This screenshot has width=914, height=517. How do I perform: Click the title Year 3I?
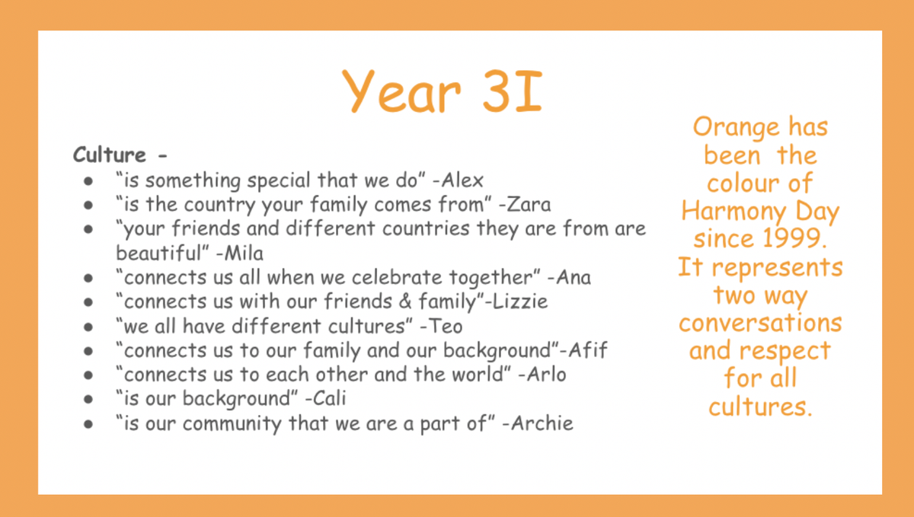[x=443, y=91]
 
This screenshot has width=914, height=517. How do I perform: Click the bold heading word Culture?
[x=110, y=155]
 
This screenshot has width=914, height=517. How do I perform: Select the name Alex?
[x=462, y=180]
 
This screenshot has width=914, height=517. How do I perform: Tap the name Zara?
[x=529, y=204]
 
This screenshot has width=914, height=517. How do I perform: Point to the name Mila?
[x=244, y=253]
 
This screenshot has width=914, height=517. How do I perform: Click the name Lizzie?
[x=519, y=302]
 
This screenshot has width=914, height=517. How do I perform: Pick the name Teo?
[x=445, y=326]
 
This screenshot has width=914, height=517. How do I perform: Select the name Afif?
[x=588, y=349]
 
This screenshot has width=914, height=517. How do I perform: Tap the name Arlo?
[x=546, y=374]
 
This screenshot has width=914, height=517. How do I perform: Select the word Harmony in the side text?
[x=733, y=212]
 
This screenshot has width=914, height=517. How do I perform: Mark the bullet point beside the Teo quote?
[x=88, y=327]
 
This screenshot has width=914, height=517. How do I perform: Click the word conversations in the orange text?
[x=760, y=323]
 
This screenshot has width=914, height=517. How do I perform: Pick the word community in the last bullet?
[x=232, y=423]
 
